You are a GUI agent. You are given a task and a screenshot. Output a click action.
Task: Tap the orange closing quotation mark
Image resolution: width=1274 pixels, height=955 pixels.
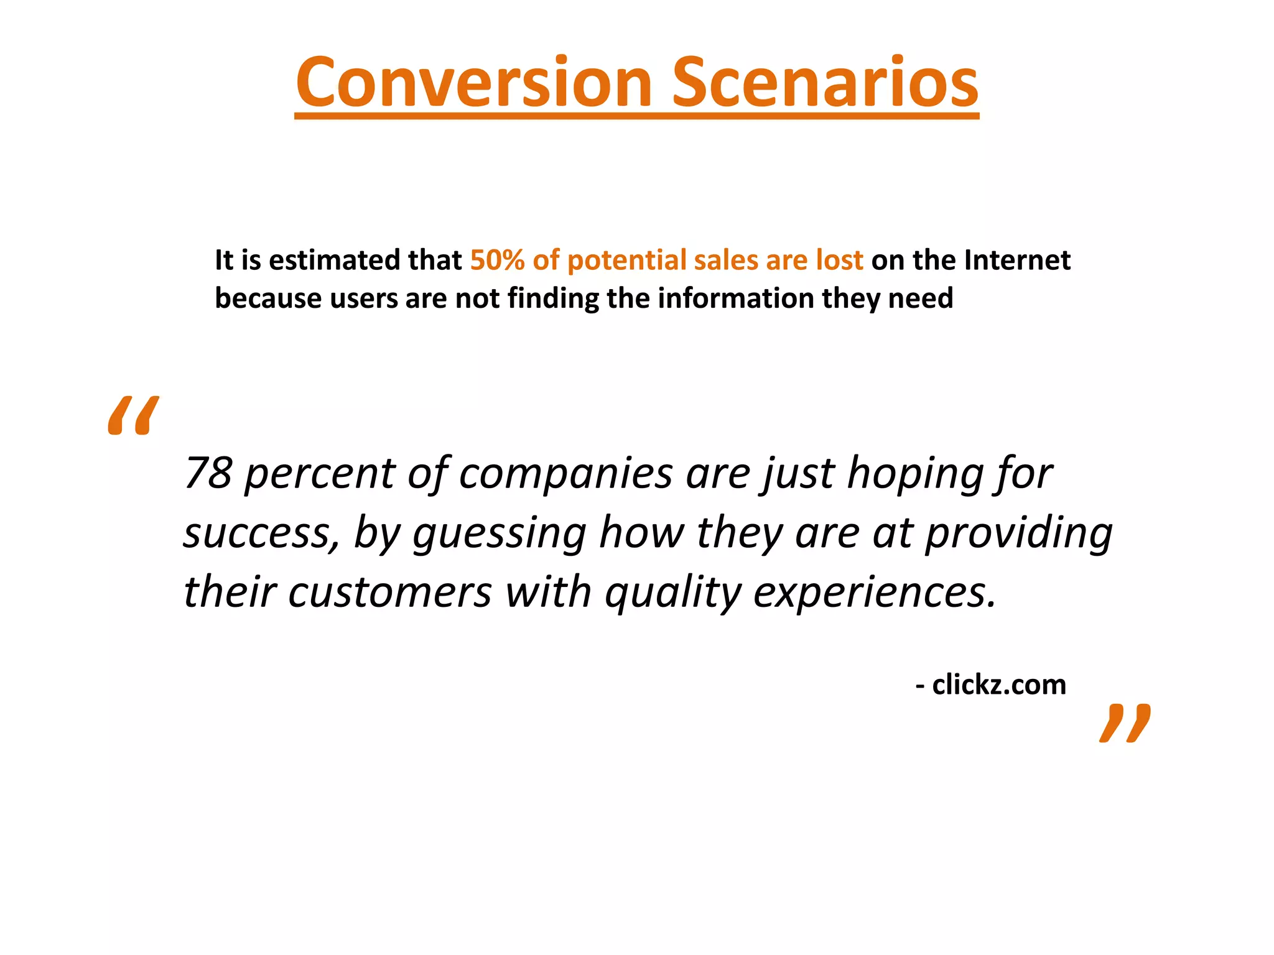pos(1125,723)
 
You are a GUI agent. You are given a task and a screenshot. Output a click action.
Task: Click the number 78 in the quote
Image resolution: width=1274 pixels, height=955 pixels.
pos(208,473)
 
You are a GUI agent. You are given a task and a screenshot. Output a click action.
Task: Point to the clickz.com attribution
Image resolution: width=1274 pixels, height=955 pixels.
pos(998,685)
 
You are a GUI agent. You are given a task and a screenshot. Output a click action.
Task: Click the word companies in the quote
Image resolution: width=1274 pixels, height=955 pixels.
pos(565,474)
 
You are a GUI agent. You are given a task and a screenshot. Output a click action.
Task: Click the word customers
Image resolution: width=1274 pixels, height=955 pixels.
pos(389,593)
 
